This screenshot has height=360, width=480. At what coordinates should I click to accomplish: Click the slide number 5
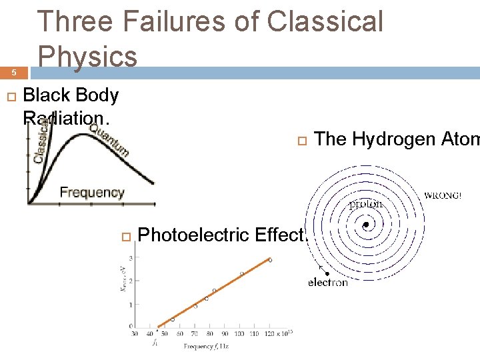tap(11, 73)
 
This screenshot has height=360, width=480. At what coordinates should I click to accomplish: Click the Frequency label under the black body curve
tap(92, 193)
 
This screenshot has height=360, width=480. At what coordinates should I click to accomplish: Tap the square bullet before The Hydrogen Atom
tap(301, 140)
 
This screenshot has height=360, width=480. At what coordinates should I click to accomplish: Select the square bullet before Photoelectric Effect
tap(124, 235)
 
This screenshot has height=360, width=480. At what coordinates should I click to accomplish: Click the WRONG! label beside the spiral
tap(443, 196)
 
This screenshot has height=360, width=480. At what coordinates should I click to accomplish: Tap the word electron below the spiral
tap(327, 283)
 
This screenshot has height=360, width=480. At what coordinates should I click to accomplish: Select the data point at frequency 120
tap(270, 260)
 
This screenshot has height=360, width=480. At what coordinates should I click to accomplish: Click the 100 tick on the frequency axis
tap(240, 333)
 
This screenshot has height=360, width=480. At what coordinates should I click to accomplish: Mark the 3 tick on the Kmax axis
tap(131, 257)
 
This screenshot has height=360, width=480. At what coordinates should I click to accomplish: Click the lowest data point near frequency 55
tap(173, 319)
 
